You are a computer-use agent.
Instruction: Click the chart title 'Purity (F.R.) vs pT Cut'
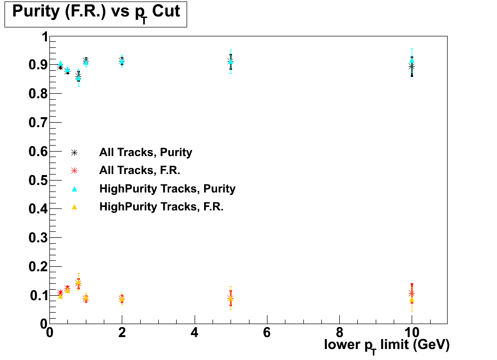pos(95,12)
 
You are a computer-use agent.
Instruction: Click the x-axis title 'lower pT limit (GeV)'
pos(387,345)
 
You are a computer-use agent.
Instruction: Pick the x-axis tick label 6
pos(267,332)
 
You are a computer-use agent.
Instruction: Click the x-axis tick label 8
pos(339,332)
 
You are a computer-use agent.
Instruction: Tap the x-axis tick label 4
pos(195,332)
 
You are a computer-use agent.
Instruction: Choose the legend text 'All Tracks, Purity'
pos(146,153)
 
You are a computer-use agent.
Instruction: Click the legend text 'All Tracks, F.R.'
pos(140,171)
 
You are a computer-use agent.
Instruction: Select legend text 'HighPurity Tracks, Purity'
pos(167,189)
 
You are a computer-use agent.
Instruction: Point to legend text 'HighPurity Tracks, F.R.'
pos(161,207)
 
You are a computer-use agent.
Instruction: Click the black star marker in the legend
pos(74,153)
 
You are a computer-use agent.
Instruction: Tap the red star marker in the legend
pos(74,171)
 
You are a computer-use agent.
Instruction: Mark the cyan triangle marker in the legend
pos(74,189)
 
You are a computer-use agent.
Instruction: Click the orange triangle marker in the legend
pos(74,207)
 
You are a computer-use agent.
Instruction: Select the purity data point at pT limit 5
pos(231,61)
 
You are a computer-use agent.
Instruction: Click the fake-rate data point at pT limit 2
pos(122,299)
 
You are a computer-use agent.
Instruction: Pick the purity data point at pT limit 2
pos(122,61)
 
